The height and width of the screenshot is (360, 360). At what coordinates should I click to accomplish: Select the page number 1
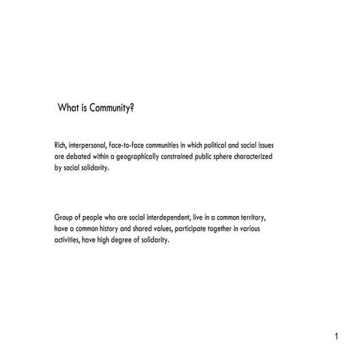point(337,336)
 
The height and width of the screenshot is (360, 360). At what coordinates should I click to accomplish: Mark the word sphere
point(245,156)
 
